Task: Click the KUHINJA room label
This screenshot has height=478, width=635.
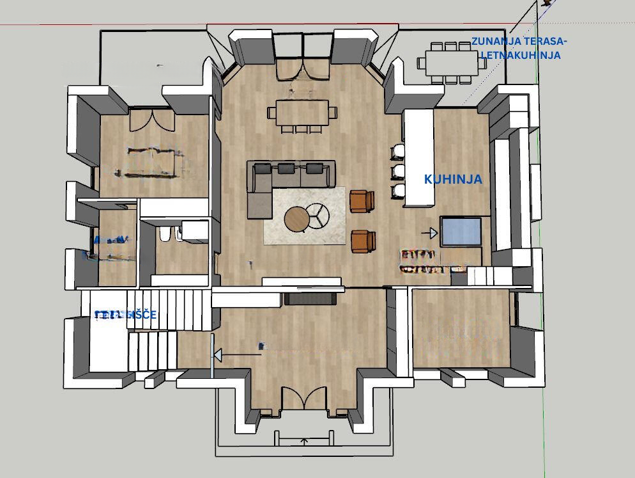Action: click(x=453, y=180)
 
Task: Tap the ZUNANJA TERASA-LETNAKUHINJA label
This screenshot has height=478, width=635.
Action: click(x=519, y=49)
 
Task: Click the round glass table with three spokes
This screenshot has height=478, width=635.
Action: click(x=317, y=215)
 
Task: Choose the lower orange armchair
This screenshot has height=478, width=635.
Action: click(x=363, y=241)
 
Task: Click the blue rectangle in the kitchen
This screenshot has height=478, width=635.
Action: click(x=461, y=231)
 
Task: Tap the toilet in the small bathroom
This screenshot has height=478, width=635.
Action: click(x=165, y=235)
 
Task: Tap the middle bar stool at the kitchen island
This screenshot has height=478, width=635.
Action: click(x=398, y=171)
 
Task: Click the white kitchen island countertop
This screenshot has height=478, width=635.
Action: click(x=419, y=157)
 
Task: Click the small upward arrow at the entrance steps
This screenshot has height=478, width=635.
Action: click(x=305, y=441)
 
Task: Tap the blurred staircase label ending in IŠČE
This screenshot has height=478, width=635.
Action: click(x=125, y=315)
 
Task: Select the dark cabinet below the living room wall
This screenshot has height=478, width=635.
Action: click(x=311, y=298)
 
